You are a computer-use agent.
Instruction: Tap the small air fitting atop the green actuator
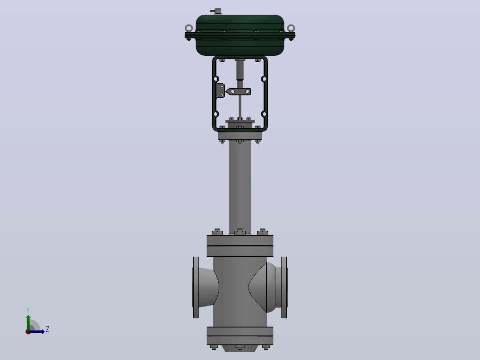click(x=217, y=11)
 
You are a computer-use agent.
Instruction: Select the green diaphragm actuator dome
click(x=240, y=35)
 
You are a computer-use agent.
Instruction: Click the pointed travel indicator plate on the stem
click(x=238, y=91)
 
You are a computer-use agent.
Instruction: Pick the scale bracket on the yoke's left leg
click(x=220, y=91)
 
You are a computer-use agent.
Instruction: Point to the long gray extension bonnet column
click(x=240, y=187)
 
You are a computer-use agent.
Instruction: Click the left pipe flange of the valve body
click(x=195, y=287)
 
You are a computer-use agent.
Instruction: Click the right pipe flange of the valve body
click(x=285, y=287)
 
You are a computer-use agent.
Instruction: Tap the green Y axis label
click(x=28, y=310)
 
